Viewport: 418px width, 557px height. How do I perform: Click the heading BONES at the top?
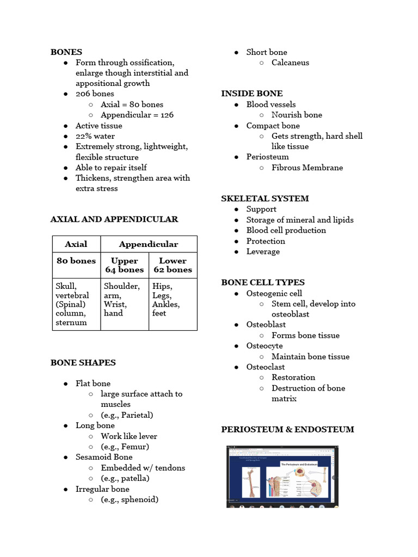66,52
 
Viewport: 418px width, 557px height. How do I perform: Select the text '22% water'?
95,136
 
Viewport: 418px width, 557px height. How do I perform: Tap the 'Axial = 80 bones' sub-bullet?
132,104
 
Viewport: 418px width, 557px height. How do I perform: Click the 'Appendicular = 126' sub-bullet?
137,115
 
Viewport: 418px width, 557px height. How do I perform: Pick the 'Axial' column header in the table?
76,244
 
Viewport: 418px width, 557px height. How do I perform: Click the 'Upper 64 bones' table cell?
125,265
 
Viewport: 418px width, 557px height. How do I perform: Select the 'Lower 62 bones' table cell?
173,265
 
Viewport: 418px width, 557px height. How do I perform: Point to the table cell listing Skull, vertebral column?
76,304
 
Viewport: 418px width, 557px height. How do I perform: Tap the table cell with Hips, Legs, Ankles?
173,300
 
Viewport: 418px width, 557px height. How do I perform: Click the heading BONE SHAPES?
83,362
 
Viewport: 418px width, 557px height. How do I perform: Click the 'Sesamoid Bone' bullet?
104,457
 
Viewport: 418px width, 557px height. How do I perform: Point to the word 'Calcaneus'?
290,63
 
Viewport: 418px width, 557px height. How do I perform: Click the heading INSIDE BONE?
252,94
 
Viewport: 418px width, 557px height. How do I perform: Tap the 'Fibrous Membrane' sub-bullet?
307,168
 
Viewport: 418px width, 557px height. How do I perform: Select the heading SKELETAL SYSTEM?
265,199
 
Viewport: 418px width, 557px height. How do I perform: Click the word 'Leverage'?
263,251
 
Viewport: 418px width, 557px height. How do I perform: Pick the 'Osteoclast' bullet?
266,367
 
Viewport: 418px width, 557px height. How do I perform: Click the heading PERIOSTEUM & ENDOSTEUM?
287,429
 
